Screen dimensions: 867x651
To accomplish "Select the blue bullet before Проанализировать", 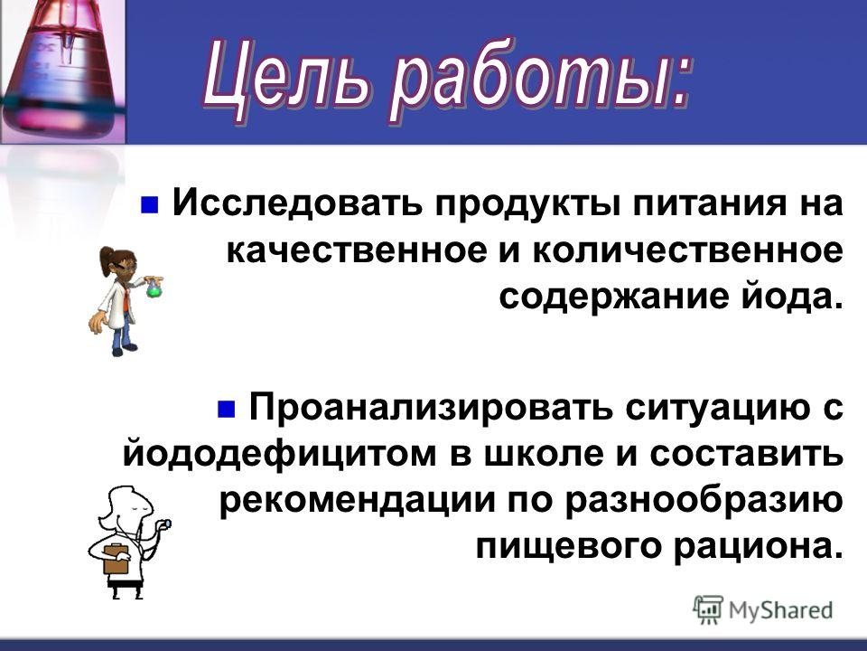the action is (226, 410).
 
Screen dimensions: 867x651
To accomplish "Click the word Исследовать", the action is (299, 203).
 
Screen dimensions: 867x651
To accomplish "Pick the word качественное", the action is (358, 250).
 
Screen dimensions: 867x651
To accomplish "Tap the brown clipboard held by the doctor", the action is (117, 559).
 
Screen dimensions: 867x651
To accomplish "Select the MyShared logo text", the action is (780, 610).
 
